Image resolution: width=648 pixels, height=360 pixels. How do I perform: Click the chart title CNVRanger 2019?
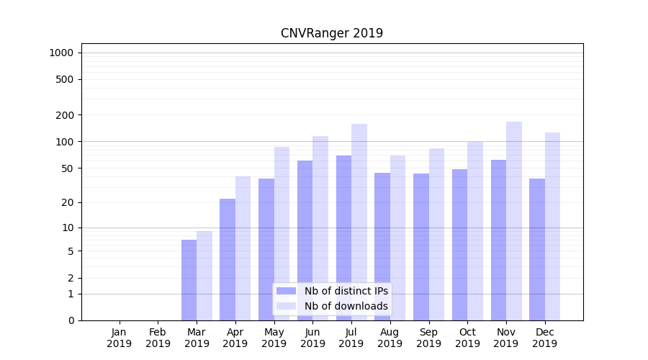point(331,34)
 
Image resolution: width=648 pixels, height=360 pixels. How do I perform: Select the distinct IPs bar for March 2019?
point(189,280)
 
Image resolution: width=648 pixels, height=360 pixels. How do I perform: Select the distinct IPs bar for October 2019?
point(459,245)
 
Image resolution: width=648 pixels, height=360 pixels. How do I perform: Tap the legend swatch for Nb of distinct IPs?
point(286,291)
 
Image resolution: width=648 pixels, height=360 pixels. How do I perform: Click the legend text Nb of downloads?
point(346,306)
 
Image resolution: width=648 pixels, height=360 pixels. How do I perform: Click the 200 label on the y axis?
point(66,115)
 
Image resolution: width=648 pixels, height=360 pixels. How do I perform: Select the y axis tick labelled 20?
point(68,202)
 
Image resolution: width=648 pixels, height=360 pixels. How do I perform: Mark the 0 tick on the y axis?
point(71,320)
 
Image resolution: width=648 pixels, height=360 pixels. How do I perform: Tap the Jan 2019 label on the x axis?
point(120,338)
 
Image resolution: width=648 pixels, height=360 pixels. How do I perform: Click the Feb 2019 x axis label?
point(158,338)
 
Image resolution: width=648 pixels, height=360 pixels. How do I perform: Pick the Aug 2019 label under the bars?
point(390,338)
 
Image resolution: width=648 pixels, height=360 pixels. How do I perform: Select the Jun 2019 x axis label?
point(312,338)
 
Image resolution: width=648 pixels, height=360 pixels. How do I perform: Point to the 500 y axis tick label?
point(66,79)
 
